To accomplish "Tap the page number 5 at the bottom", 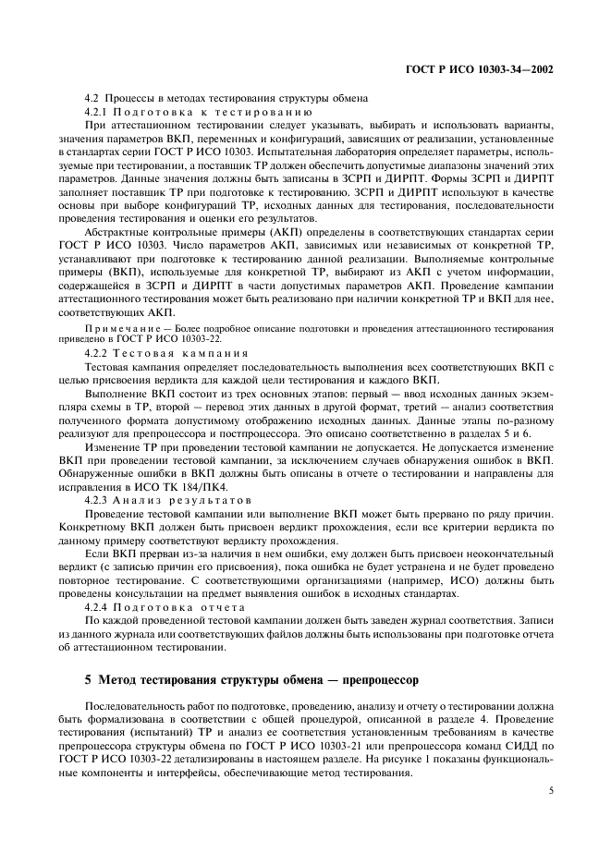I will pos(550,791).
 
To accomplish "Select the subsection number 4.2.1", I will pos(97,111).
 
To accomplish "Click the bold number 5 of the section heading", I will pos(88,680).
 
